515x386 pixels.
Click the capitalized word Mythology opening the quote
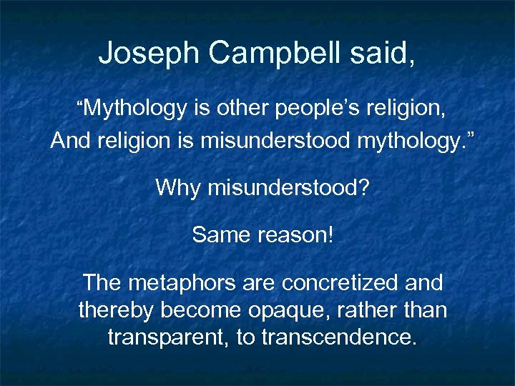point(136,109)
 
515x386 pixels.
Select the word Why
point(177,188)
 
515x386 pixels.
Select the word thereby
point(116,310)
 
